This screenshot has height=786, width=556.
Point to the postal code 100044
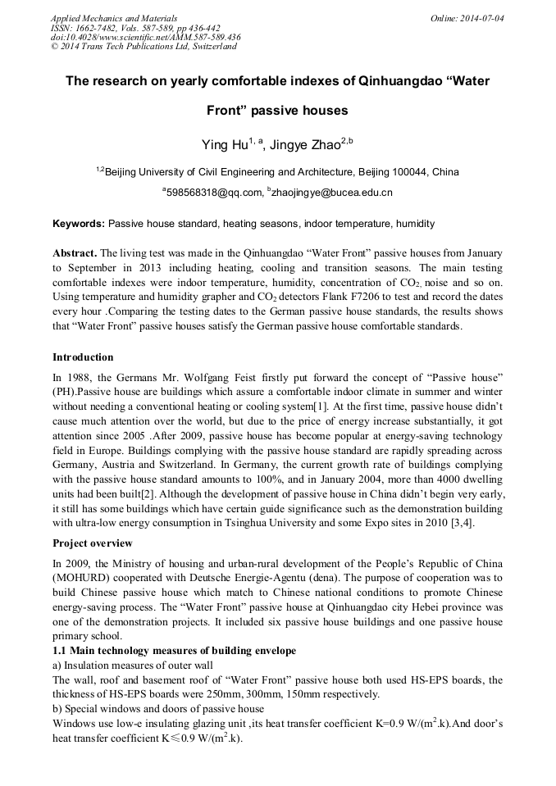tap(408, 172)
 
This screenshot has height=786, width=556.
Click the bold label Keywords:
tap(79, 223)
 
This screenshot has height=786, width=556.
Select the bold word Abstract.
tap(75, 253)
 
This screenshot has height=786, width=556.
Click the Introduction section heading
tap(83, 357)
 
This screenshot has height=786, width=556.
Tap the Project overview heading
tap(93, 543)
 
